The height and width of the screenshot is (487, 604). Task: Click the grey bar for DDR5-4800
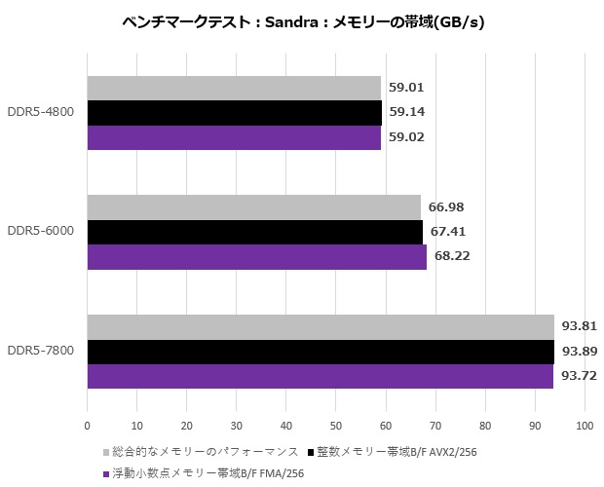[234, 88]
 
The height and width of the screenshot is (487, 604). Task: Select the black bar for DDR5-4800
[234, 112]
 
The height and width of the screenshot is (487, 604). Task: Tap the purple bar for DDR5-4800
[234, 136]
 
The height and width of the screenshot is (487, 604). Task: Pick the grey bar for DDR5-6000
[253, 206]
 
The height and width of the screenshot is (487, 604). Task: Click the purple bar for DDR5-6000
[257, 256]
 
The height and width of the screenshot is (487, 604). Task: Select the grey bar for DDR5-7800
[321, 326]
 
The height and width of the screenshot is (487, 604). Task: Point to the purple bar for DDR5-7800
[321, 376]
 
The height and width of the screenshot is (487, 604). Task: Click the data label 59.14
[405, 112]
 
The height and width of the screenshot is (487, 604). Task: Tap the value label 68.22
[453, 257]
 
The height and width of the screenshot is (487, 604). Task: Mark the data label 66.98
[447, 206]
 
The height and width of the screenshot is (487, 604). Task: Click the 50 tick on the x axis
[336, 426]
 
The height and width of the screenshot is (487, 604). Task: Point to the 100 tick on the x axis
[585, 426]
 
